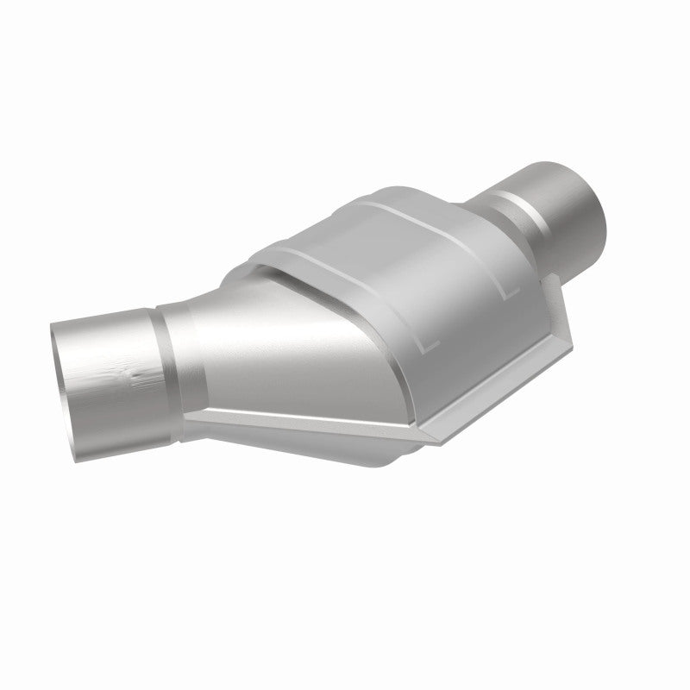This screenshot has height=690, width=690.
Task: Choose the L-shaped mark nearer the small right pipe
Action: pyautogui.click(x=509, y=290)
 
